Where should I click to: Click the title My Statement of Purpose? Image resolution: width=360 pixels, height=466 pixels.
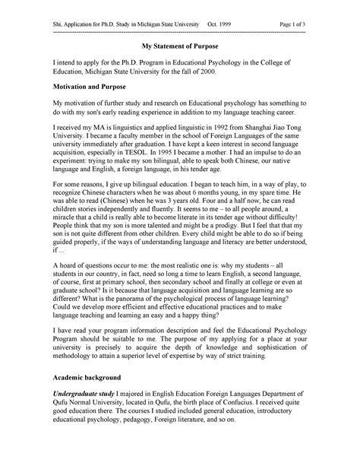pyautogui.click(x=179, y=47)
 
